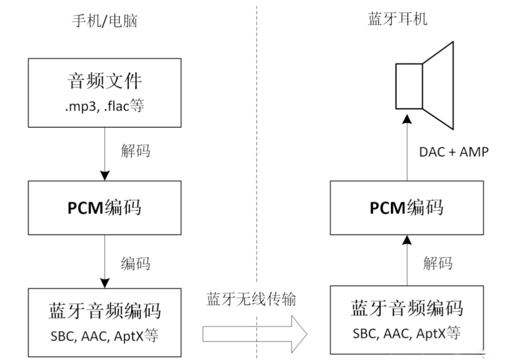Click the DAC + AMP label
[454, 152]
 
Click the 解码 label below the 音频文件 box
[135, 151]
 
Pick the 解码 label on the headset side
[438, 263]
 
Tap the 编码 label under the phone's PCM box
[135, 264]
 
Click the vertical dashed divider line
[257, 145]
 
